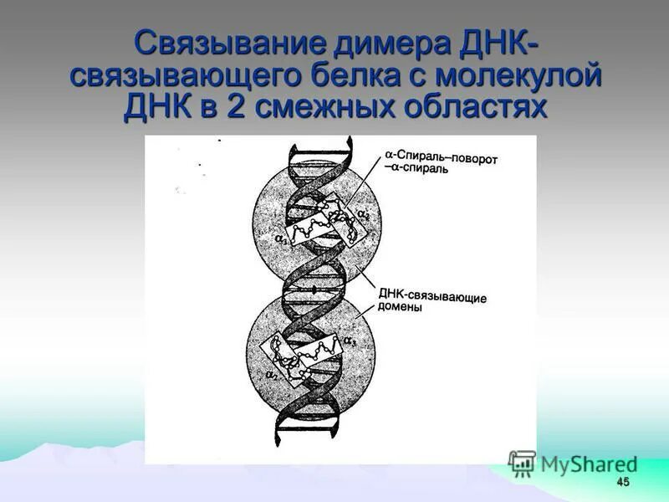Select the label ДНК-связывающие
[432, 296]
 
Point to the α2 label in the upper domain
[362, 216]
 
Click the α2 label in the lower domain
[270, 377]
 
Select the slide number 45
[621, 483]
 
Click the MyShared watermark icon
[522, 464]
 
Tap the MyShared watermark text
[589, 464]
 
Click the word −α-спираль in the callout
[416, 168]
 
